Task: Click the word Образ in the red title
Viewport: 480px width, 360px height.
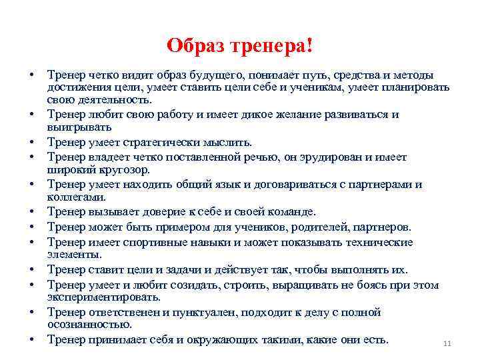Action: pyautogui.click(x=195, y=46)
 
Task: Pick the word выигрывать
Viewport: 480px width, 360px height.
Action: pyautogui.click(x=79, y=126)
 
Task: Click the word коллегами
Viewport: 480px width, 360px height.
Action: pyautogui.click(x=77, y=197)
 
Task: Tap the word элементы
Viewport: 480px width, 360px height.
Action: pyautogui.click(x=74, y=254)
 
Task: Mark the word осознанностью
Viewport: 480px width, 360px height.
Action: pyautogui.click(x=89, y=324)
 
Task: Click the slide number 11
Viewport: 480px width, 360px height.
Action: pyautogui.click(x=447, y=344)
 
